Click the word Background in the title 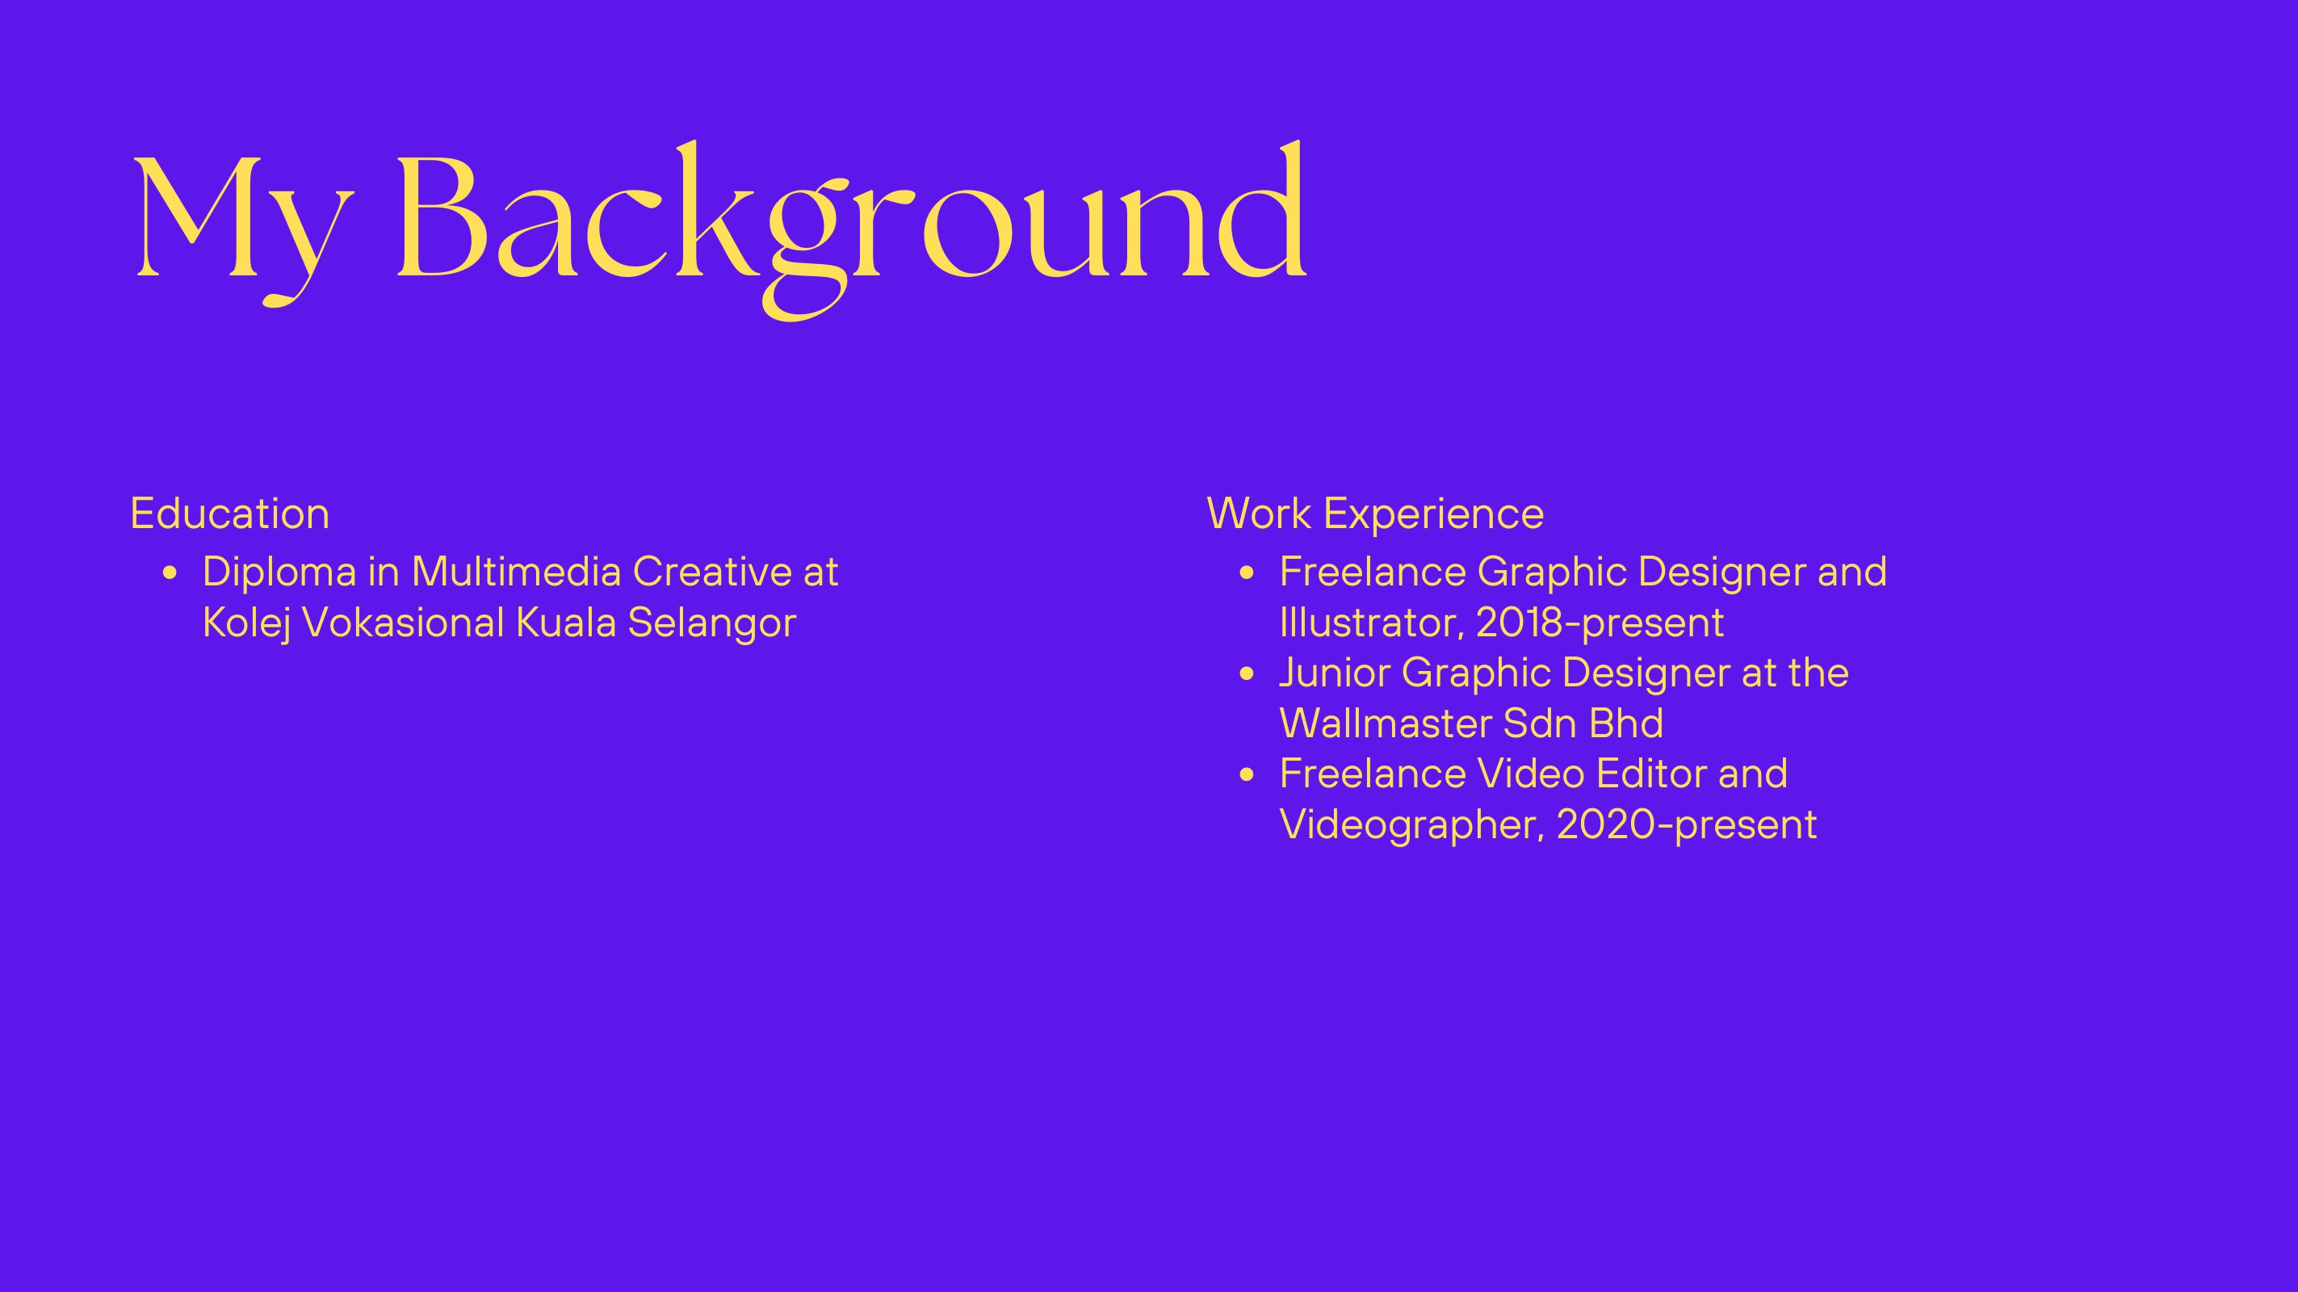coord(852,229)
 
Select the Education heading coord(230,513)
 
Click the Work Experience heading coord(1375,513)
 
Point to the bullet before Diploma coord(170,573)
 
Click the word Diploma coord(279,573)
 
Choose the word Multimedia coord(516,572)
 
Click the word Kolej coord(246,623)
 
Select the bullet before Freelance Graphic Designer coord(1248,573)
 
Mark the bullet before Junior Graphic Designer coord(1248,674)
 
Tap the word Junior coord(1335,673)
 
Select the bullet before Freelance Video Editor coord(1248,775)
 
